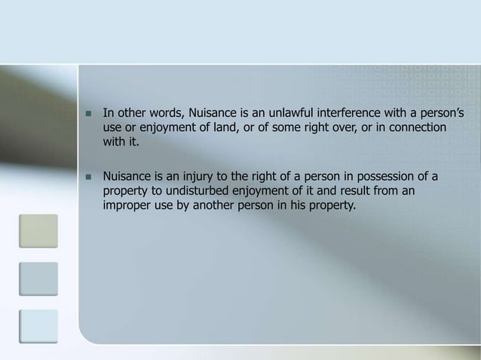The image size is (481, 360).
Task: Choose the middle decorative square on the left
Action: (38, 279)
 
